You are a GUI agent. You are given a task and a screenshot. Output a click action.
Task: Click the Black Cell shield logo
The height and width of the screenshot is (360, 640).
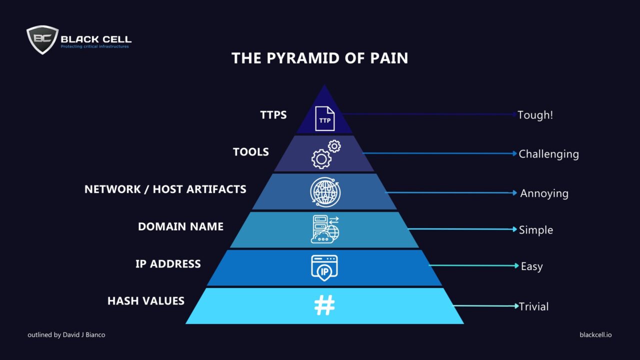tap(42, 39)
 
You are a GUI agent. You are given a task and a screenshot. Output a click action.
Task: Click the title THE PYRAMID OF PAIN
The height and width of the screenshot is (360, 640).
tap(319, 58)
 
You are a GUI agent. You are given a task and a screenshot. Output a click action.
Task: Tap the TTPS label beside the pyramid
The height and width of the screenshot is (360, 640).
tap(273, 114)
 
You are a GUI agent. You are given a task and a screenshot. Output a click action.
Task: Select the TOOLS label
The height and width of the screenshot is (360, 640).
tap(250, 152)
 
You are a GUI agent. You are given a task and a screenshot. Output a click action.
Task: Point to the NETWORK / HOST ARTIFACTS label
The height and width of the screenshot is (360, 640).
tap(165, 189)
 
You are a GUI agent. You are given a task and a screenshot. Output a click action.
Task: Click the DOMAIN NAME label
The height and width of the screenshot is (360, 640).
tap(180, 226)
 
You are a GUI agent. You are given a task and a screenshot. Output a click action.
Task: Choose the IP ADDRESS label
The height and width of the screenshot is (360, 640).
tap(168, 264)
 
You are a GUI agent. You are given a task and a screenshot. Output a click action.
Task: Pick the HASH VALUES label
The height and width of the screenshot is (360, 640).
tap(146, 301)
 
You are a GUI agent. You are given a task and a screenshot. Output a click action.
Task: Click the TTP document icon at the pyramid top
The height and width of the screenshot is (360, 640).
tap(324, 118)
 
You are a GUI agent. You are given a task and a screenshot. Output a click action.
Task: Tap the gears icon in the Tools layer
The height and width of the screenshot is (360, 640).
tap(325, 154)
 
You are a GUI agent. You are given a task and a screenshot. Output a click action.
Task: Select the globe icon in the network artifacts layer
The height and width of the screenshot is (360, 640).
tap(324, 191)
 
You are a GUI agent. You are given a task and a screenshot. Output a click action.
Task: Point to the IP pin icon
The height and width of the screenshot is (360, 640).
tap(324, 267)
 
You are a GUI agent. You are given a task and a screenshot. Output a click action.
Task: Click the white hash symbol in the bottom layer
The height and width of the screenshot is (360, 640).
tap(324, 305)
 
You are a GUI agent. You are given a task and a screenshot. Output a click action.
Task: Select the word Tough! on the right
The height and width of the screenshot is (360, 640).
tap(535, 114)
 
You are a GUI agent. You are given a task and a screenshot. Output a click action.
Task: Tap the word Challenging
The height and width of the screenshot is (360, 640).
tap(548, 154)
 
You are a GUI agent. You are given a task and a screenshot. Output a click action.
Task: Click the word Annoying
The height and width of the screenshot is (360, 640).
tap(544, 193)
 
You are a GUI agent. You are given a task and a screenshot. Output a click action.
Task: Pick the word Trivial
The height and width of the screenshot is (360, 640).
tap(533, 306)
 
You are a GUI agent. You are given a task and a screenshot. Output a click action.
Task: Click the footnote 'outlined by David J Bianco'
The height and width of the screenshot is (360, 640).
tap(66, 334)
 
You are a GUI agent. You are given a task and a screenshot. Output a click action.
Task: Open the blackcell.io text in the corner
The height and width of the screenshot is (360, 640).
tap(595, 334)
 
